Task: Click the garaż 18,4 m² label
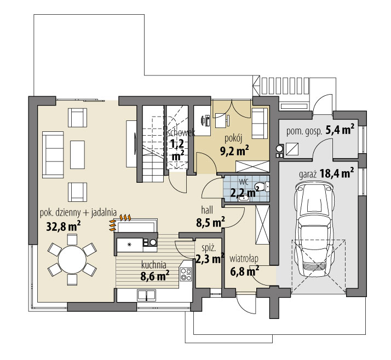[x=326, y=175]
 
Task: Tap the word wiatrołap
[x=244, y=258]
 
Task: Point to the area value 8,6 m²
[x=154, y=276]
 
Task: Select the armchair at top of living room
[x=77, y=117]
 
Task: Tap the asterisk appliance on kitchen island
[x=129, y=244]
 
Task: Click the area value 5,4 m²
[x=340, y=130]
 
